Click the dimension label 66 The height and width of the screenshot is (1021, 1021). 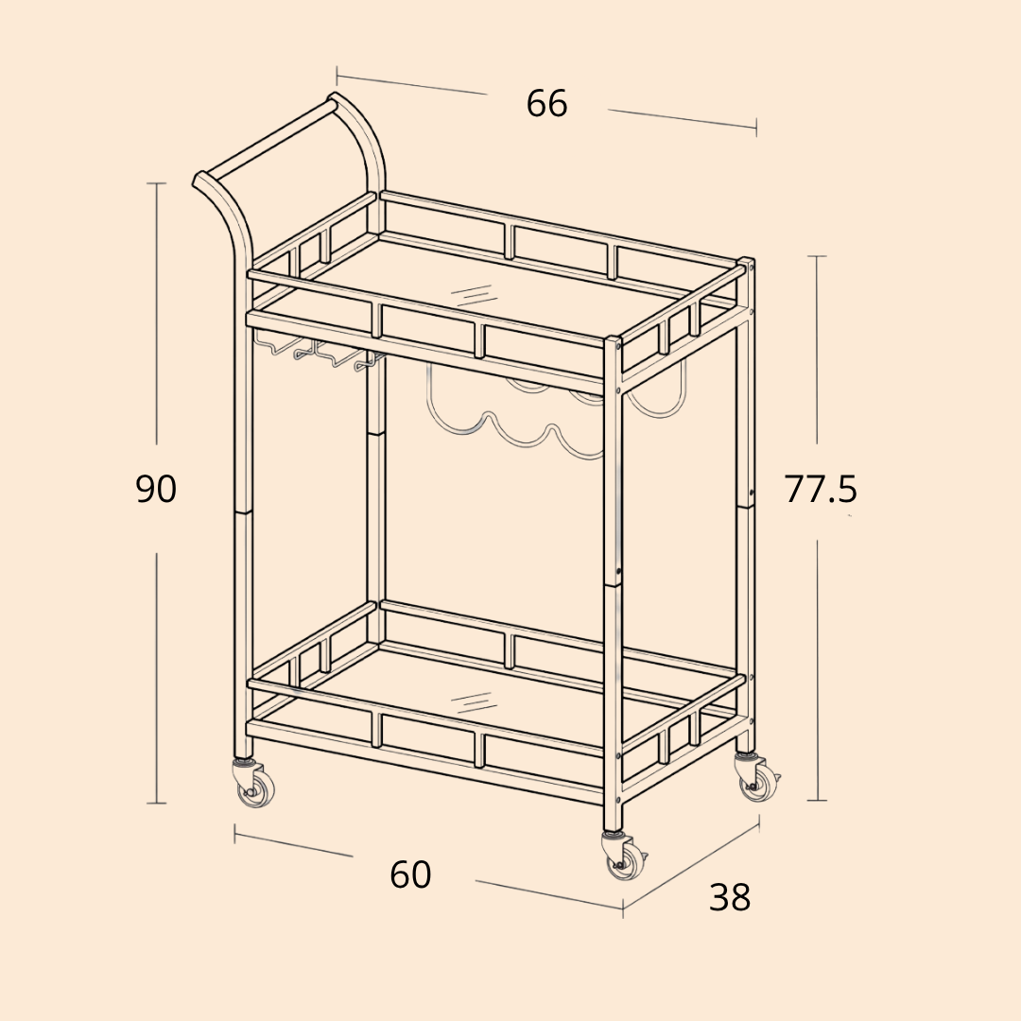547,104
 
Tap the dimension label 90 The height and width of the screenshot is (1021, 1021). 156,489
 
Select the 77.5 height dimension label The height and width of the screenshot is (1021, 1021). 821,489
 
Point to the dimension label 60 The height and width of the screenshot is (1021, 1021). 410,874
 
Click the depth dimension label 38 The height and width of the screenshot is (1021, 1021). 729,897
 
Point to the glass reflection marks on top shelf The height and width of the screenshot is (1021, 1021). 470,295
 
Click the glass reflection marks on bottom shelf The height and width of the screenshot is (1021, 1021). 470,701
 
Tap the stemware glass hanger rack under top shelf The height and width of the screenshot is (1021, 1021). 317,352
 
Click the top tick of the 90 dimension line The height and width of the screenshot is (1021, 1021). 156,183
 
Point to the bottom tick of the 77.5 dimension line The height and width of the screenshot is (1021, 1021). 818,801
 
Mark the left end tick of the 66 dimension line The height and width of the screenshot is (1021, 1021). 337,77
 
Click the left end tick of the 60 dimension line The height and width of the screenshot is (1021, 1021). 235,834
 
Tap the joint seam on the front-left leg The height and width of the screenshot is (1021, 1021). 242,512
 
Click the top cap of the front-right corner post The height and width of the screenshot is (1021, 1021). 613,339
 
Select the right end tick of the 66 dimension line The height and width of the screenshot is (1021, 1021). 756,127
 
